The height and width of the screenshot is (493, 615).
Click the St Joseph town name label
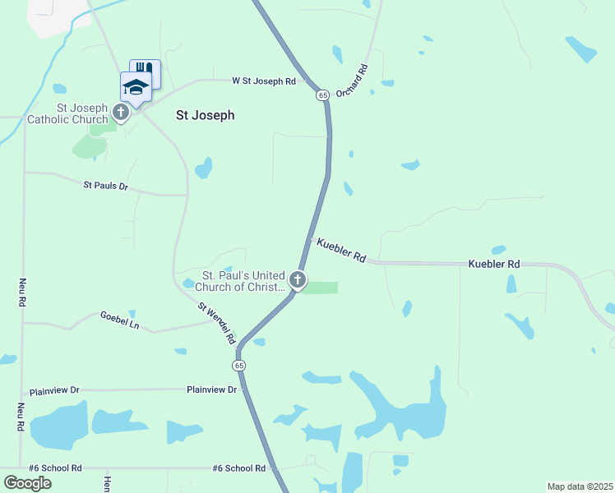point(206,116)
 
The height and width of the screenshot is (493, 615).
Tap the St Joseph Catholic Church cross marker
point(121,113)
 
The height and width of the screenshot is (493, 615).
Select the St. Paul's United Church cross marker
point(298,281)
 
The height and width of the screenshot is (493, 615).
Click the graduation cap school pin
point(136,86)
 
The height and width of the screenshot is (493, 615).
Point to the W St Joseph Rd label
point(263,81)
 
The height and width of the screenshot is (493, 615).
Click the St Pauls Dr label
point(106,187)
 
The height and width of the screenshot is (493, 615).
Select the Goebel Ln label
point(120,320)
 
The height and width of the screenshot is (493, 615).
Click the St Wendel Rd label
point(217,322)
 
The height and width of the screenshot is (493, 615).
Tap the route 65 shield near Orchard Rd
point(322,95)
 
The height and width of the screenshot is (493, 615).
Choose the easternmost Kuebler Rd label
point(494,265)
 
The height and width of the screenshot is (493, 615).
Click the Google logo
point(27,482)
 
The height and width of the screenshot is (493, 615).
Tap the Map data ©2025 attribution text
point(579,486)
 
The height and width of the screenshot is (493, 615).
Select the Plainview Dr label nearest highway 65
point(211,389)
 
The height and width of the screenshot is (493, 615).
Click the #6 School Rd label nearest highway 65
point(238,468)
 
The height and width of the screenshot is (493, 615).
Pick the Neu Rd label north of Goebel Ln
point(22,293)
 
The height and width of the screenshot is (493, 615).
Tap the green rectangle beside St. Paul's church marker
point(322,288)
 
